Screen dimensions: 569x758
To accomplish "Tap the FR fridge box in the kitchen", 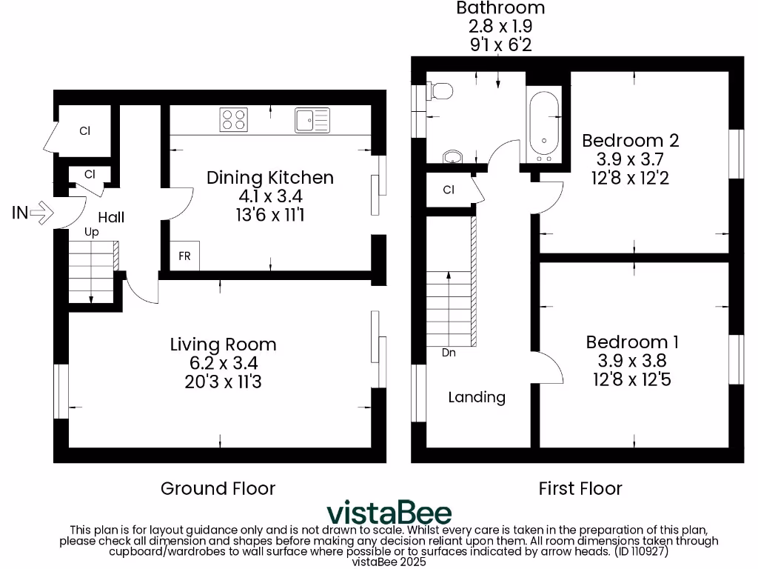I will pyautogui.click(x=184, y=256).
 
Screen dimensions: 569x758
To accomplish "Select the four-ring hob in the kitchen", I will pyautogui.click(x=232, y=120).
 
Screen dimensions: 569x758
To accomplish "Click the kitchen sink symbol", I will pyautogui.click(x=312, y=120).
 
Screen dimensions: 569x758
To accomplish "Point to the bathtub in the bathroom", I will pyautogui.click(x=543, y=127).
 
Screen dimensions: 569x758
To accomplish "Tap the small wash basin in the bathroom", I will pyautogui.click(x=452, y=156).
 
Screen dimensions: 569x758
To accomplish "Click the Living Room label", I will pyautogui.click(x=223, y=345).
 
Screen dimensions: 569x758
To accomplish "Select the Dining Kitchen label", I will pyautogui.click(x=269, y=178).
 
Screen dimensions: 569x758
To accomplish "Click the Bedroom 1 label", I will pyautogui.click(x=632, y=342).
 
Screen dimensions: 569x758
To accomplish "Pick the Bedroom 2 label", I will pyautogui.click(x=630, y=141).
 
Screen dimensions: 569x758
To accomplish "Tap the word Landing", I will pyautogui.click(x=477, y=397).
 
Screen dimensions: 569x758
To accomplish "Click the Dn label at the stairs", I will pyautogui.click(x=449, y=353).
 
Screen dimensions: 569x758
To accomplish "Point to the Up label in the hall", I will pyautogui.click(x=92, y=232).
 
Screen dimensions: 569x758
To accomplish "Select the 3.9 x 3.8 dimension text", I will pyautogui.click(x=632, y=362).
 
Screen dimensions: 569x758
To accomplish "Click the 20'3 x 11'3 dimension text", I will pyautogui.click(x=223, y=382).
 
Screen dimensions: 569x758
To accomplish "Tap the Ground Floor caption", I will pyautogui.click(x=218, y=489).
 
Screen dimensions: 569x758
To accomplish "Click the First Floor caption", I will pyautogui.click(x=580, y=489).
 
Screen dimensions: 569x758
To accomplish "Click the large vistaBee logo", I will pyautogui.click(x=389, y=512).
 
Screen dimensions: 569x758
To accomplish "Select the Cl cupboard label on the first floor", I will pyautogui.click(x=449, y=190).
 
